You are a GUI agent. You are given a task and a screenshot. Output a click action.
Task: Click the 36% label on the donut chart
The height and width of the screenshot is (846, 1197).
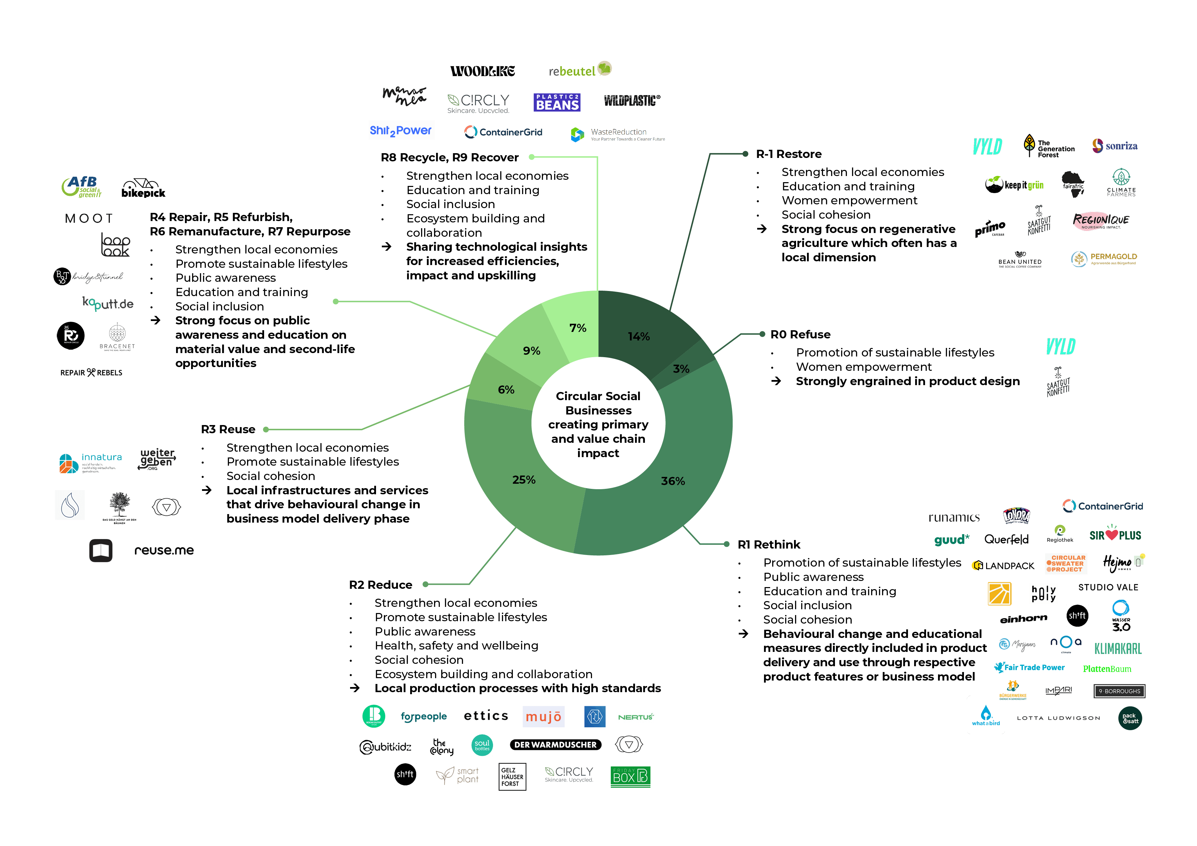673,481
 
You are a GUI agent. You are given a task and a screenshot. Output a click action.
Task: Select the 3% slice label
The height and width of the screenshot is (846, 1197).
681,369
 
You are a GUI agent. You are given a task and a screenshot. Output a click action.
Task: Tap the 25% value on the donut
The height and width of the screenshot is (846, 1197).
523,480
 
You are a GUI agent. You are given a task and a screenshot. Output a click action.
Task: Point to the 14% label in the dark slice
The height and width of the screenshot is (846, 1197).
639,337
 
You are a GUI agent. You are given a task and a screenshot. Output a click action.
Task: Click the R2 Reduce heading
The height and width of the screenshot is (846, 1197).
380,585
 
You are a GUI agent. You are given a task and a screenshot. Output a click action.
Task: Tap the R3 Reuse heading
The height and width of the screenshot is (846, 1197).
228,429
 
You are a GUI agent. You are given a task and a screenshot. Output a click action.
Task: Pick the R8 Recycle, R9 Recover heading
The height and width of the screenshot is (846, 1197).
449,157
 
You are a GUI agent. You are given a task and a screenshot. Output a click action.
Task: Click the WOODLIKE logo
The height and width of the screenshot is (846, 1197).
482,71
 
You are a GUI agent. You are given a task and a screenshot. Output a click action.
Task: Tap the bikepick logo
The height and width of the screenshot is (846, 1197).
143,189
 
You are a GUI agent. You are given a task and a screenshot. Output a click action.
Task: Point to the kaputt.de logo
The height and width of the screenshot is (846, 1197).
108,303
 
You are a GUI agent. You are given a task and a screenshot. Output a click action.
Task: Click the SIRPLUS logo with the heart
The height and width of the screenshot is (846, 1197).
1115,535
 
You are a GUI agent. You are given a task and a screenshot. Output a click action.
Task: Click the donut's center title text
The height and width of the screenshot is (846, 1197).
598,424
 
